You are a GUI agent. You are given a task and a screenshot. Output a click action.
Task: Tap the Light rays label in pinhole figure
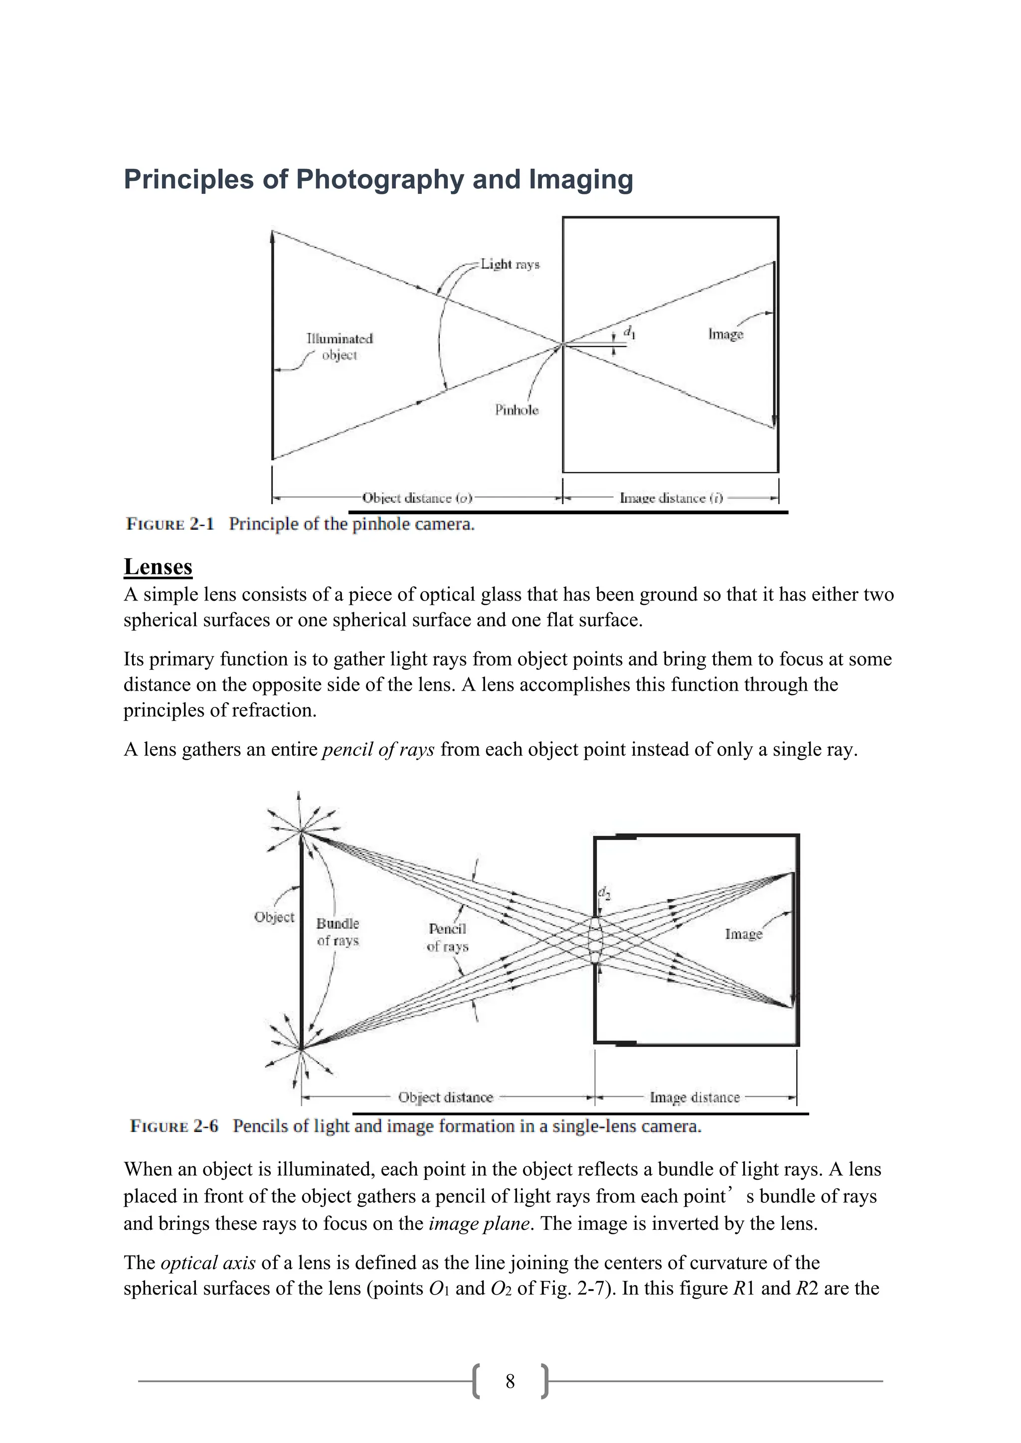tap(510, 264)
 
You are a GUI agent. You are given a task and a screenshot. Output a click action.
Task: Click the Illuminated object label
tap(340, 347)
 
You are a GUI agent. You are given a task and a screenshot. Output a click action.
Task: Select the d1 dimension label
tap(629, 332)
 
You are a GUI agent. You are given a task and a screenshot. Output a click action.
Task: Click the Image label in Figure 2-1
tap(725, 334)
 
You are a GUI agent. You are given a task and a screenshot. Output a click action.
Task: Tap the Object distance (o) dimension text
tap(417, 498)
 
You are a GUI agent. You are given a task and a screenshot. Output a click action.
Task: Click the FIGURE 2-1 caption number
tap(170, 524)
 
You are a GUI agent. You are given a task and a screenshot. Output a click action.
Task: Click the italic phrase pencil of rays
tap(378, 749)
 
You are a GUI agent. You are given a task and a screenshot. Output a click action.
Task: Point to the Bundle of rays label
tap(338, 932)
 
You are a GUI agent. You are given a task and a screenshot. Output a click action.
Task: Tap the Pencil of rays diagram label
tap(448, 937)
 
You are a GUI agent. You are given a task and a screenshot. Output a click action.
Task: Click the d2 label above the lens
tap(604, 892)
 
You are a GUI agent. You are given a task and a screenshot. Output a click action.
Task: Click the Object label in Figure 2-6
tap(274, 917)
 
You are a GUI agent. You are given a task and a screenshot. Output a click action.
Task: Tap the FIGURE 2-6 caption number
tap(173, 1126)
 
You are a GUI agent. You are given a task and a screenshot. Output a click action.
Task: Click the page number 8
tap(510, 1381)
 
